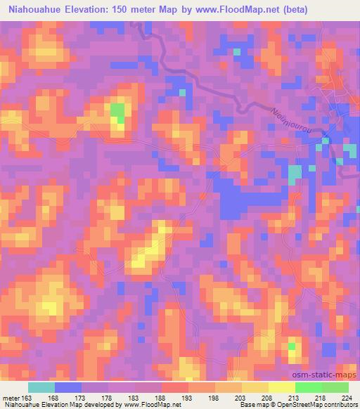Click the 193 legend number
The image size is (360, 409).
[186, 397]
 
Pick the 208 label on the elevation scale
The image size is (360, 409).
[267, 397]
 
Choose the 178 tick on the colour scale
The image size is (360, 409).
[107, 397]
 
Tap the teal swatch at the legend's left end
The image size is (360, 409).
[41, 387]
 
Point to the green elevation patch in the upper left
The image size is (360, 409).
[117, 112]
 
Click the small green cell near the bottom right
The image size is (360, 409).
[292, 346]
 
